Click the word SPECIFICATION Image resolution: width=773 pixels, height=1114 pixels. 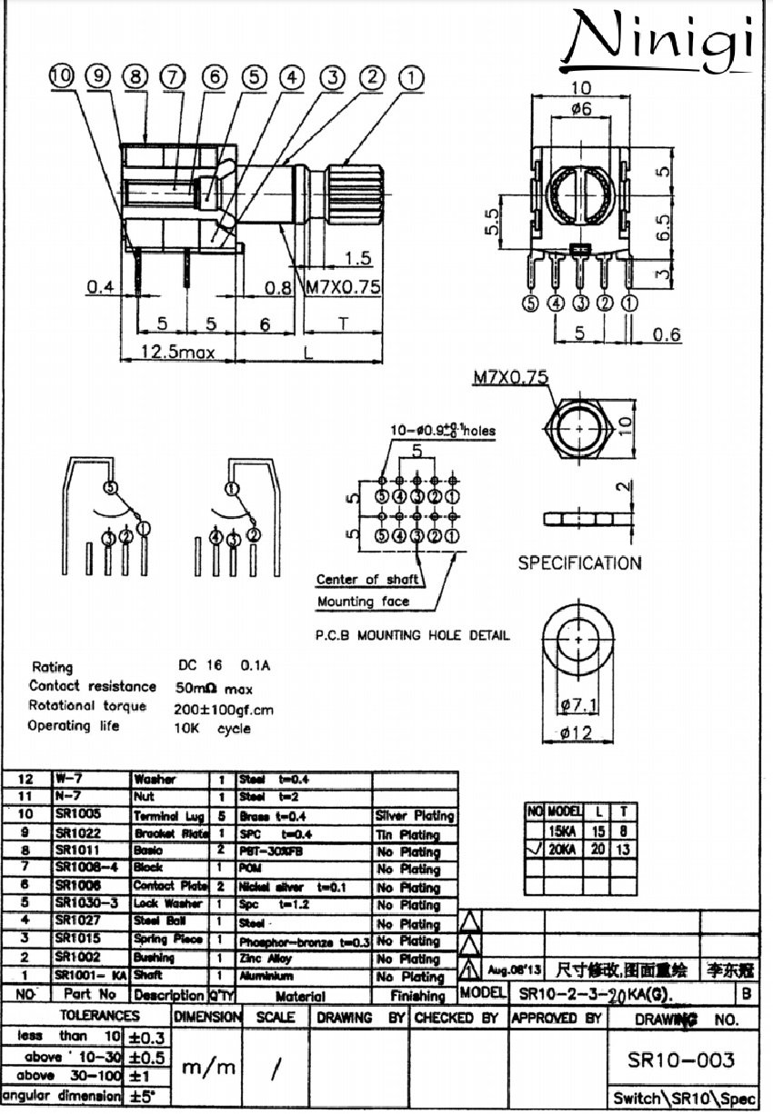coord(579,563)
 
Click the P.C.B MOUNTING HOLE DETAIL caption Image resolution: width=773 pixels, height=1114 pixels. coord(412,635)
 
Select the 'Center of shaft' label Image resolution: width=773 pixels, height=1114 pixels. coord(367,579)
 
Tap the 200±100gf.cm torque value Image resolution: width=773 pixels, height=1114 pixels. coord(224,709)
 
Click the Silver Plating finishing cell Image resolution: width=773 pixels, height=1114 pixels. coord(414,816)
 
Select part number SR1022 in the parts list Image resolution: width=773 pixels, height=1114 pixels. coord(77,833)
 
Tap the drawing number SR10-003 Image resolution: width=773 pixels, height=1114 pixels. coord(681,1060)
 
